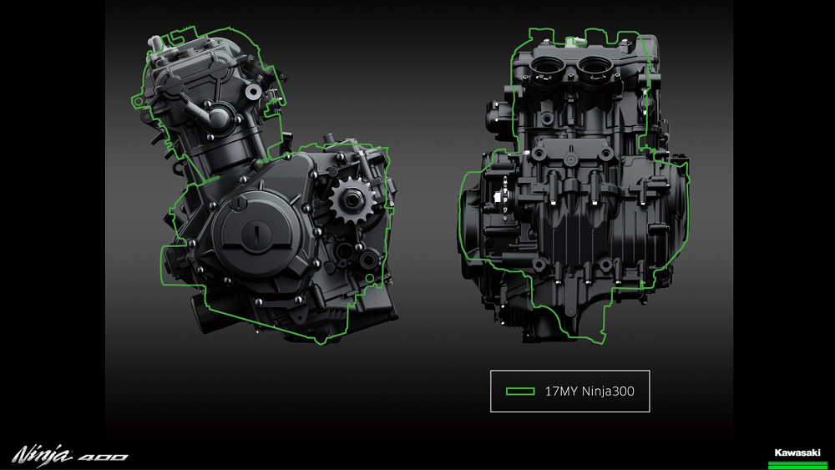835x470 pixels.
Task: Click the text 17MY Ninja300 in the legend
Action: (x=584, y=391)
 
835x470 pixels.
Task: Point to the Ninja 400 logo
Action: (x=70, y=455)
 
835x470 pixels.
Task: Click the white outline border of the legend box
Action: (x=491, y=391)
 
